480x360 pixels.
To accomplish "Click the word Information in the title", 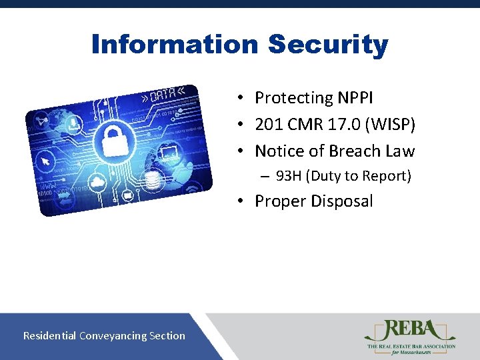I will pyautogui.click(x=175, y=45).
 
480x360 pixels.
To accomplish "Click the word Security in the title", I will pyautogui.click(x=327, y=45).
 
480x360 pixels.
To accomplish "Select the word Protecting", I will pyautogui.click(x=293, y=98).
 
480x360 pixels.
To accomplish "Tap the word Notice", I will pyautogui.click(x=281, y=151).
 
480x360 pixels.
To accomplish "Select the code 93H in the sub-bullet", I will pyautogui.click(x=289, y=176).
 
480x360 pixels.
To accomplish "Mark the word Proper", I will pyautogui.click(x=279, y=201).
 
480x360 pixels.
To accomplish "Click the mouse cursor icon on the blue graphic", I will pyautogui.click(x=45, y=161).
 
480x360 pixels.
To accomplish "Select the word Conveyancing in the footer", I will pyautogui.click(x=116, y=335).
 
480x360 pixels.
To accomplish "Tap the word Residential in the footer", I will pyautogui.click(x=49, y=335).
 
